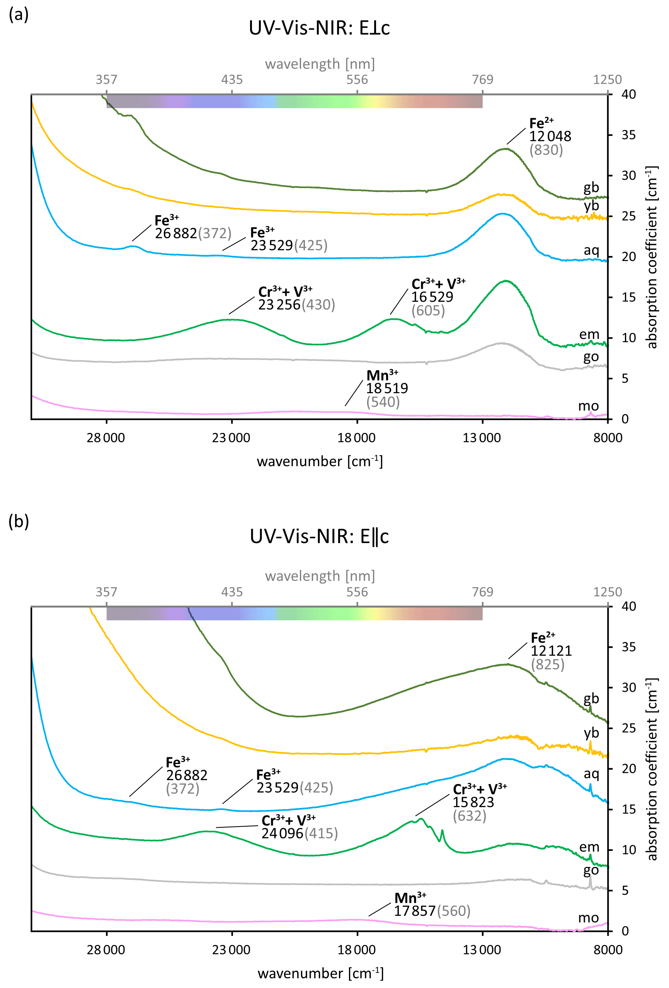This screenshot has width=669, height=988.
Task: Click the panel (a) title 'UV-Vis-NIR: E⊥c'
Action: click(x=319, y=28)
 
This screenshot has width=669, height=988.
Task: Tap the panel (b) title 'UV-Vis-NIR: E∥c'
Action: click(x=319, y=536)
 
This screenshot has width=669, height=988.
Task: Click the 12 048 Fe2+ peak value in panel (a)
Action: click(x=550, y=136)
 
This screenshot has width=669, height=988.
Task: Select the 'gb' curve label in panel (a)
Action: click(x=591, y=187)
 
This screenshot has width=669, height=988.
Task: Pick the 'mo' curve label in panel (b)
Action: click(x=588, y=918)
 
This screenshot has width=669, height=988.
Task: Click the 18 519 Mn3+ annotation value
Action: click(x=387, y=388)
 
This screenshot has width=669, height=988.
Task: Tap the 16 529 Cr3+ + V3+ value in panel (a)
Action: click(x=432, y=297)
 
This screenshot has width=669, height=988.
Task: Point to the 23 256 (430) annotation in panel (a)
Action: click(x=296, y=305)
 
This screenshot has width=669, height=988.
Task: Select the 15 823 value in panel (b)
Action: click(x=473, y=802)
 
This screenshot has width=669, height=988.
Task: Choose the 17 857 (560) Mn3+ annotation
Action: click(x=432, y=911)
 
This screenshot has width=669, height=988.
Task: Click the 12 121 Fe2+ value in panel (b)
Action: click(x=551, y=651)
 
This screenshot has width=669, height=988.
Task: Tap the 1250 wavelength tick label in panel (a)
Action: click(x=607, y=80)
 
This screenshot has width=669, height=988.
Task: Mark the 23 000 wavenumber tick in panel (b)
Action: click(x=232, y=950)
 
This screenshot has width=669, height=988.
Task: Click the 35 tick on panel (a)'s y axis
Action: click(x=628, y=135)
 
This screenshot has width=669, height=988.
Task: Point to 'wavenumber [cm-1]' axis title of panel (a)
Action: click(x=320, y=461)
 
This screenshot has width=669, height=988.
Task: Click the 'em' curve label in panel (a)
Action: click(x=589, y=334)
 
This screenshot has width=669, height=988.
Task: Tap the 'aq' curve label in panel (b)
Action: click(x=591, y=774)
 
